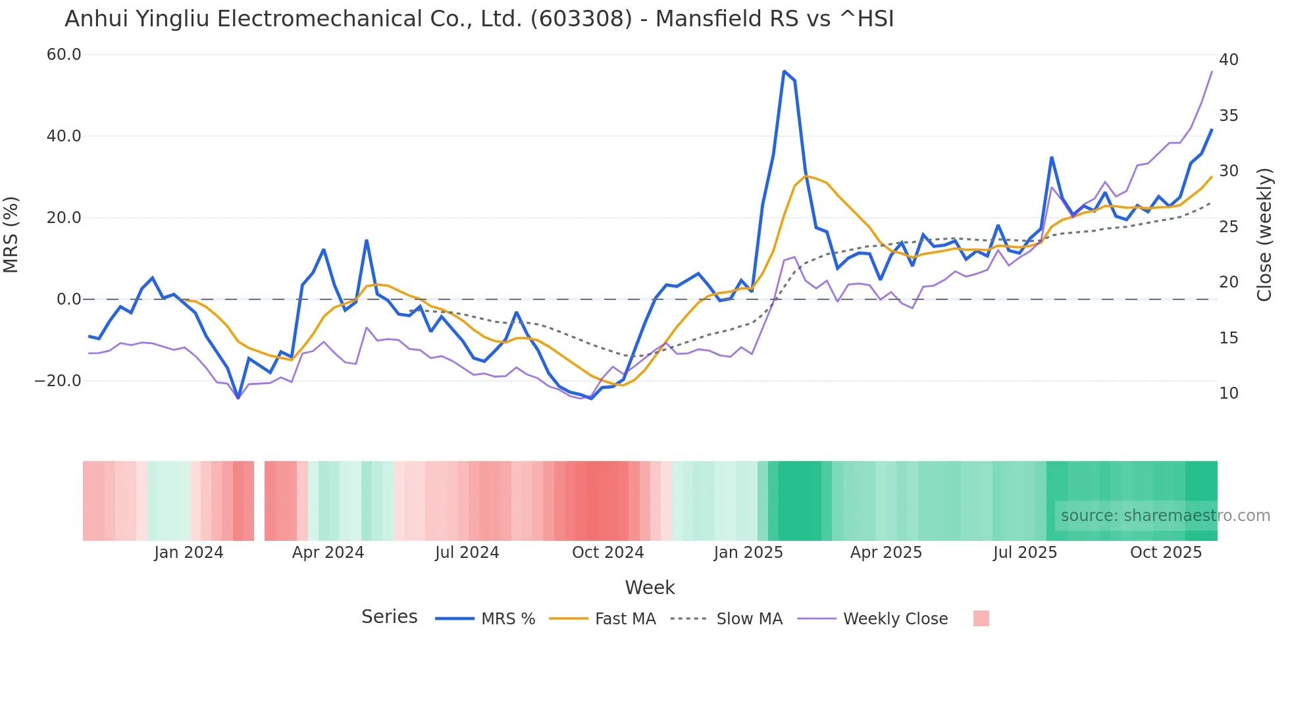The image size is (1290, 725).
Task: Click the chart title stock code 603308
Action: [x=581, y=19]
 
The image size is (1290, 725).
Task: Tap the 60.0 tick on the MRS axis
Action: [x=64, y=55]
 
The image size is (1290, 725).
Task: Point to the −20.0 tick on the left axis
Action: [x=58, y=381]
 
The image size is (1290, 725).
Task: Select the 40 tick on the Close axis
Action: [x=1228, y=60]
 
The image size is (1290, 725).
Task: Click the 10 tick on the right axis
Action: [x=1228, y=393]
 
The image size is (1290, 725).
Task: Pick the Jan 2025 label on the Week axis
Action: [x=748, y=553]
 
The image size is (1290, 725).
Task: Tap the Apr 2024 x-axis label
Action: [x=328, y=553]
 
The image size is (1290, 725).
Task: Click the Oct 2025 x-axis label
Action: [x=1166, y=553]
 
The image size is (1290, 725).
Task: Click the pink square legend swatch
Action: [x=981, y=618]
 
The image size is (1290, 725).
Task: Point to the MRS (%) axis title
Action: [x=11, y=235]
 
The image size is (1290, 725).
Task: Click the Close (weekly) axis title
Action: [x=1264, y=235]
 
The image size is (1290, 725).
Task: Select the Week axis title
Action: [x=650, y=587]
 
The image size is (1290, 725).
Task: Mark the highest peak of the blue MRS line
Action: [x=784, y=71]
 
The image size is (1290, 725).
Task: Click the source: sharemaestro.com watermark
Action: [x=1165, y=516]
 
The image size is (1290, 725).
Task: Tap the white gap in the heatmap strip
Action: [x=259, y=501]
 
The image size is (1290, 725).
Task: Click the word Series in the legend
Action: [x=389, y=617]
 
